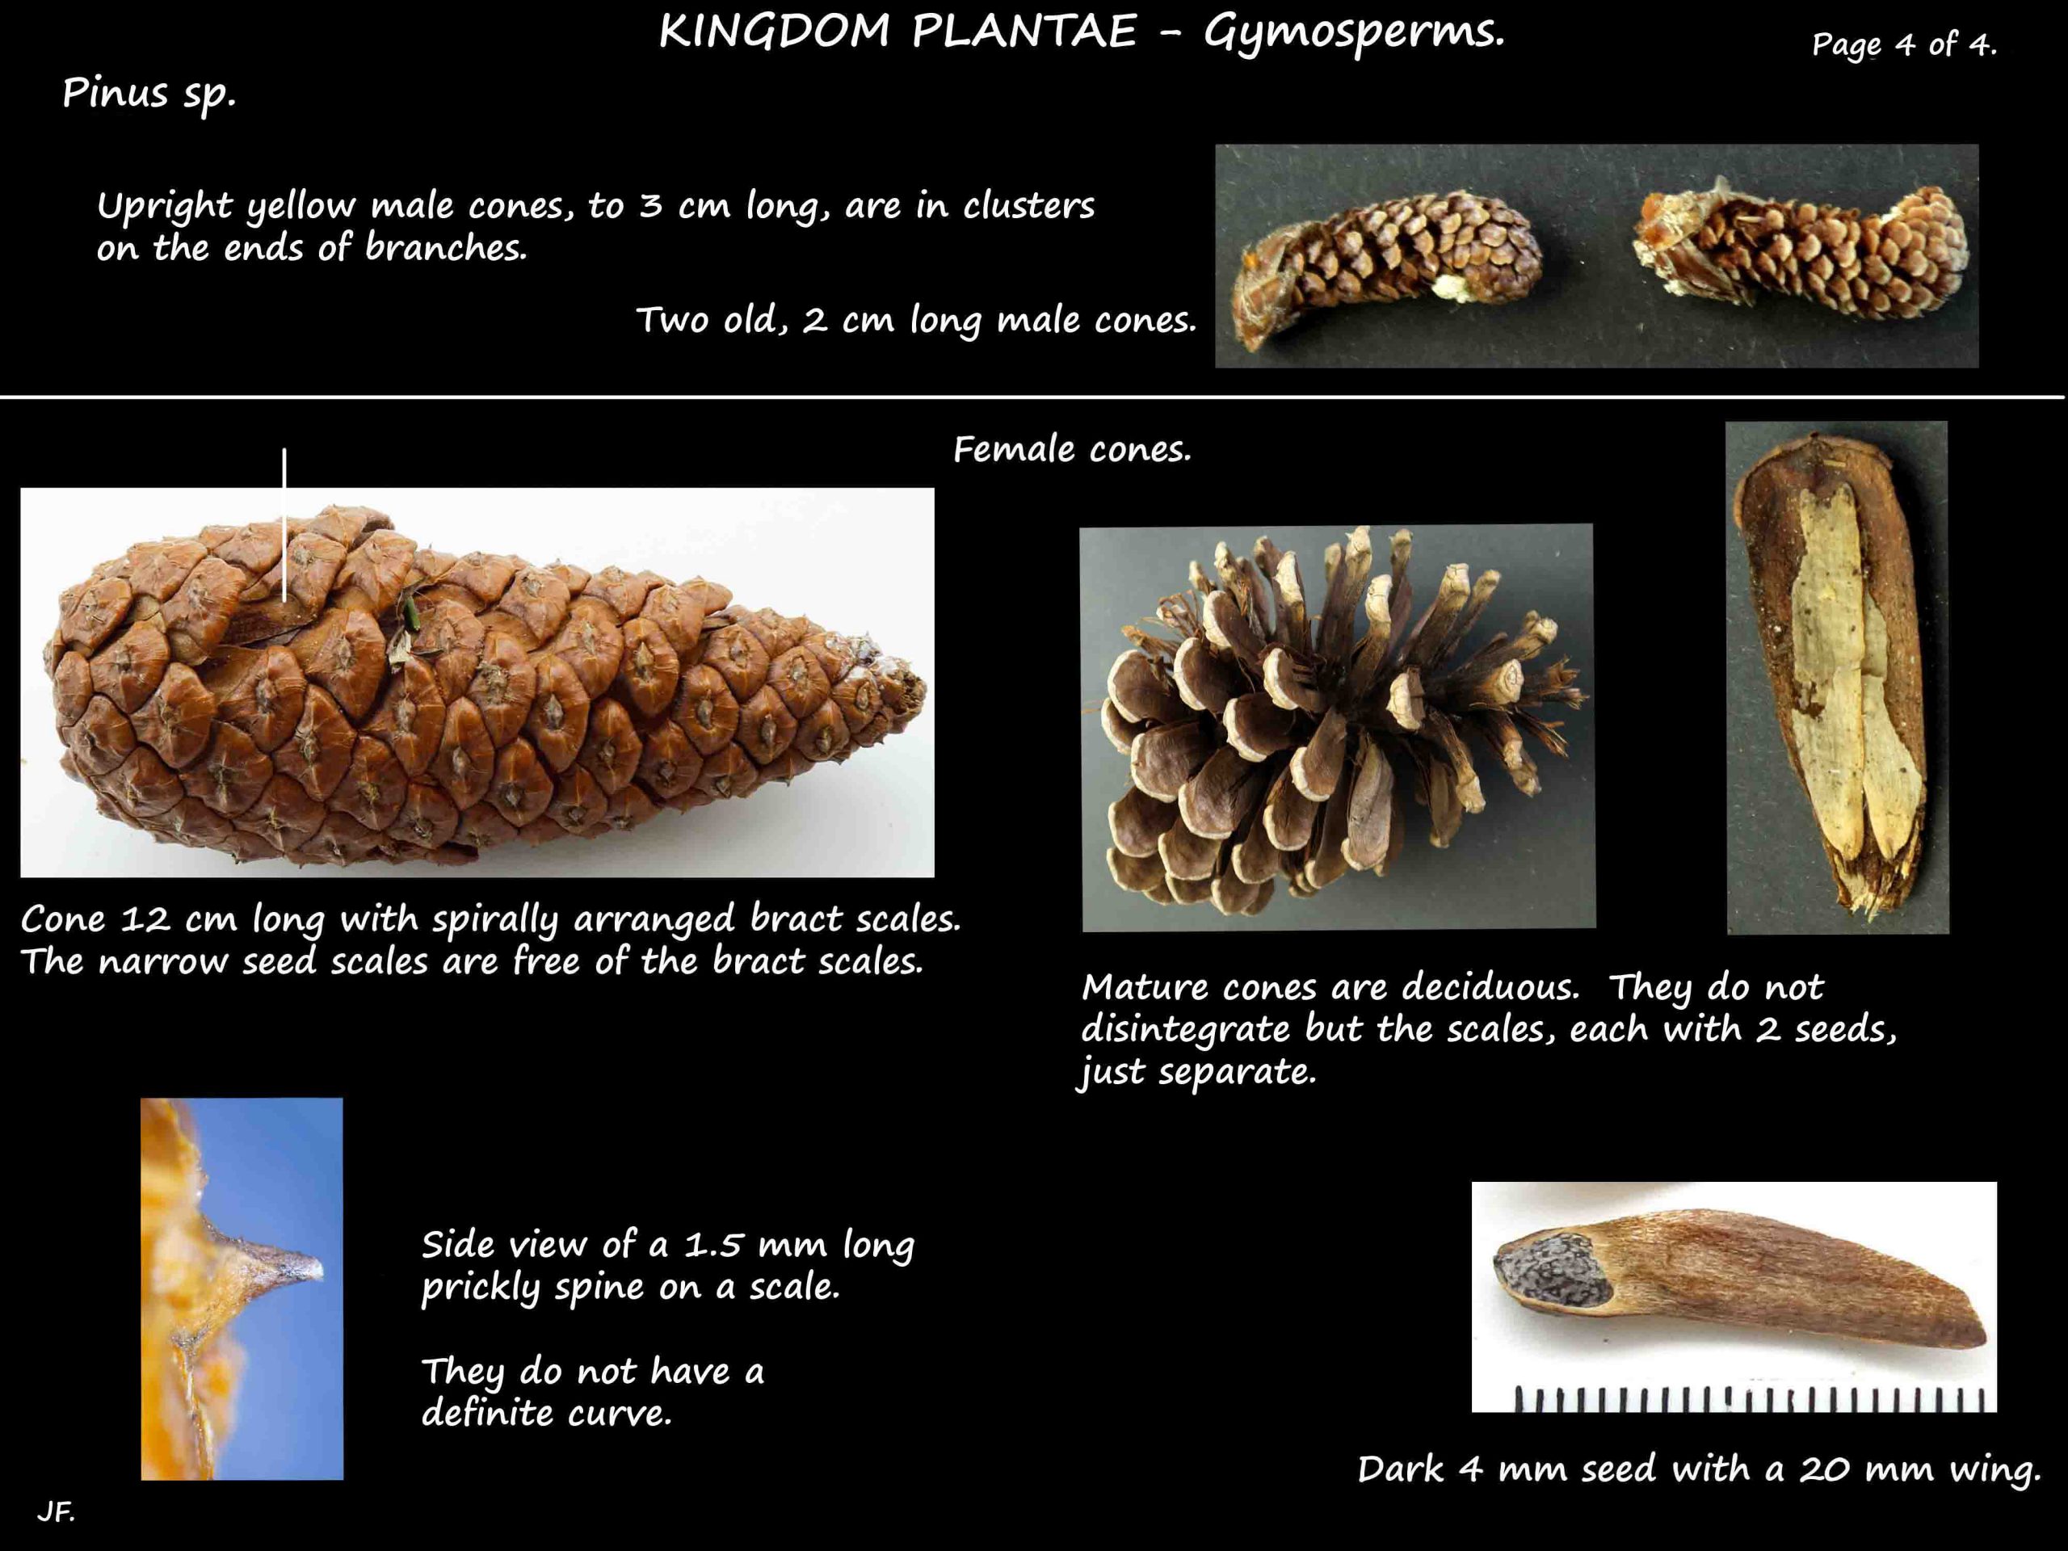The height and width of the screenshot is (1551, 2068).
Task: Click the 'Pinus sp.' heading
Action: (149, 95)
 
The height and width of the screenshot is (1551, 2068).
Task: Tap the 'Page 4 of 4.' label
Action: (1904, 44)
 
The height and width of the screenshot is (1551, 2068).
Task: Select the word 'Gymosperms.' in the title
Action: (1355, 33)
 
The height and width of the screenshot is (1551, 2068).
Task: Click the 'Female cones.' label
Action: (1072, 451)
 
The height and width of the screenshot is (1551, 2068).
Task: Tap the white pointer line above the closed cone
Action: (284, 524)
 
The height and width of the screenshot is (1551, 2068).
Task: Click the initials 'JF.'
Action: (56, 1511)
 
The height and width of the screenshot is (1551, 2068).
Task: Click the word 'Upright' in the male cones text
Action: (165, 207)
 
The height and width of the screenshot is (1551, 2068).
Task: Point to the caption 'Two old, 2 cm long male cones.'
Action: (916, 321)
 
